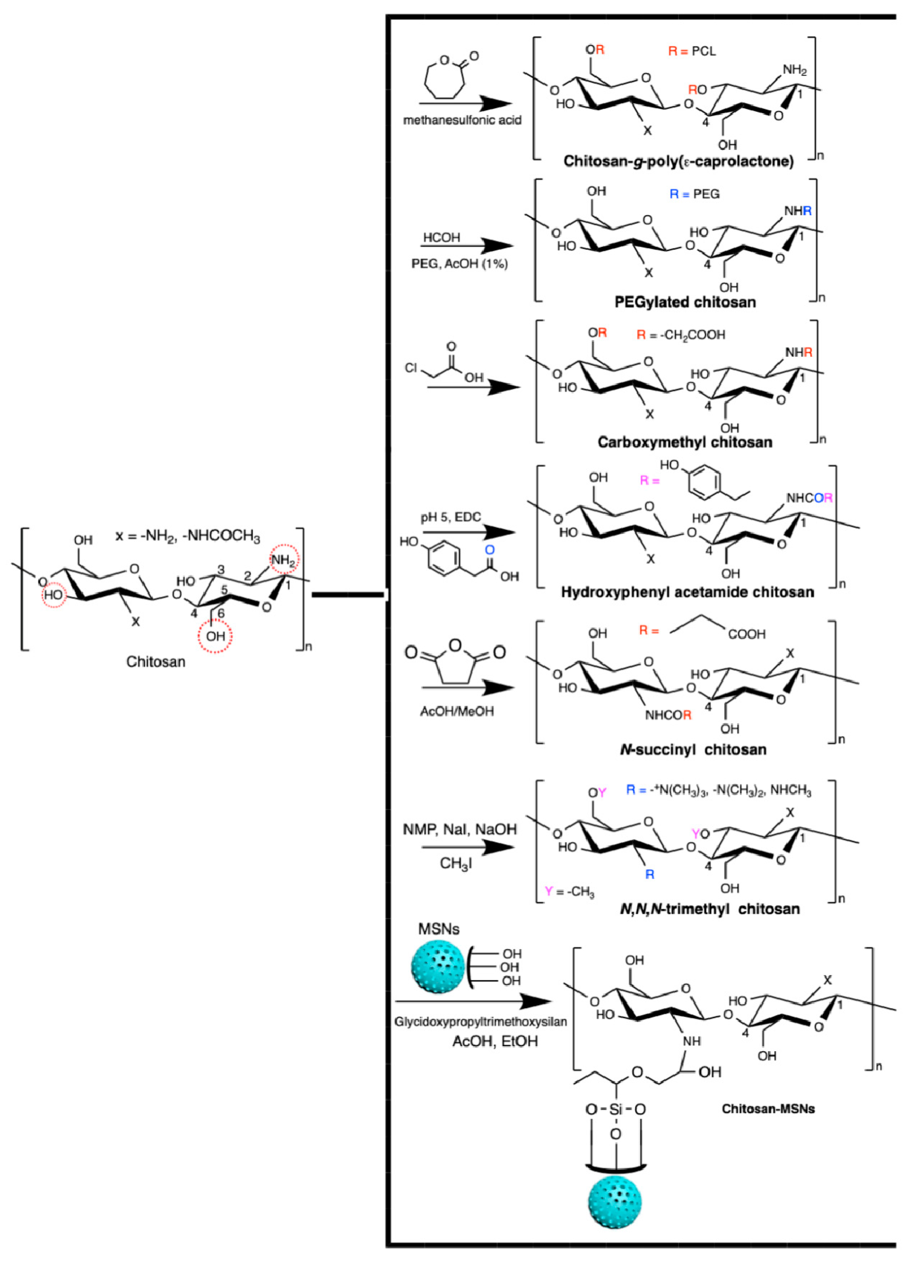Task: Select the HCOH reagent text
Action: click(x=441, y=238)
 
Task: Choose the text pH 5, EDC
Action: click(x=451, y=517)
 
